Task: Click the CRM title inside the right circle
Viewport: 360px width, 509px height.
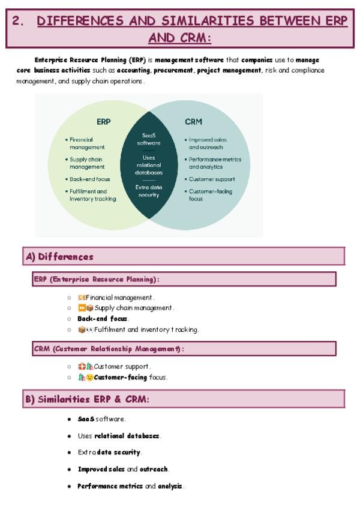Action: click(x=194, y=121)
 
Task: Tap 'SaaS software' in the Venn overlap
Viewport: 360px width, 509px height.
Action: click(x=149, y=139)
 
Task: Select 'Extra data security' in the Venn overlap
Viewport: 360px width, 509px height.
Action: click(x=149, y=191)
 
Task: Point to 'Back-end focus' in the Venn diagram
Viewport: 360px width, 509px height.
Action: click(x=90, y=179)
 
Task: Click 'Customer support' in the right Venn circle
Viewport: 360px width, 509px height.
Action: click(x=211, y=179)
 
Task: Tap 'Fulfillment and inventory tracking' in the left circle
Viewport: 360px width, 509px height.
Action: click(x=92, y=195)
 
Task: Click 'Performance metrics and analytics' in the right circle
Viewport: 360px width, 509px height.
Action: click(x=214, y=163)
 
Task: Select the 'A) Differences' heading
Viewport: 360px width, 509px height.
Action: click(x=60, y=257)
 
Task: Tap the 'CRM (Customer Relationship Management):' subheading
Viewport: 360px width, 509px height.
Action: click(x=109, y=349)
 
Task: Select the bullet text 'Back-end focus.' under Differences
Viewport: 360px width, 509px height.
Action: click(x=103, y=319)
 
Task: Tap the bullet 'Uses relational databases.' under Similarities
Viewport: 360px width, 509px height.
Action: click(x=119, y=435)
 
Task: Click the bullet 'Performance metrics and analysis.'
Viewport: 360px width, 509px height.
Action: click(x=131, y=486)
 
